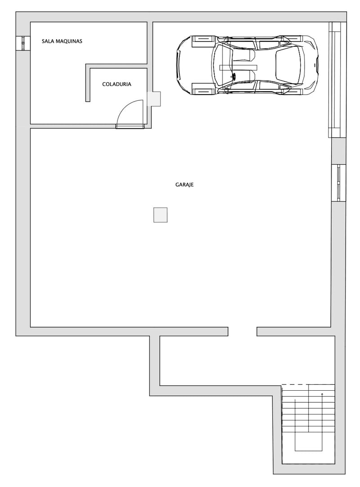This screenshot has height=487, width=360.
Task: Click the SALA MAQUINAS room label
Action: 62,41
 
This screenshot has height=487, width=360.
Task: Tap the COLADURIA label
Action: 117,84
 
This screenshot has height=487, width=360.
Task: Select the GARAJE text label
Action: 184,185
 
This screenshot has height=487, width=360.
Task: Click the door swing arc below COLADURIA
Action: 128,110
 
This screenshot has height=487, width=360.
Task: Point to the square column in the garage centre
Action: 160,215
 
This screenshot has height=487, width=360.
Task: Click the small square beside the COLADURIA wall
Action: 154,99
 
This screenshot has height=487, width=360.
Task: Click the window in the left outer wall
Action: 22,43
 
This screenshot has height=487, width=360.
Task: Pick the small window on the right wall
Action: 338,183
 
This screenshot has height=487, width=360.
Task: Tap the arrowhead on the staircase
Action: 322,394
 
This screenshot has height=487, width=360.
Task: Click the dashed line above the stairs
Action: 295,384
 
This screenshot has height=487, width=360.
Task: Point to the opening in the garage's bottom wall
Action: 242,331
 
